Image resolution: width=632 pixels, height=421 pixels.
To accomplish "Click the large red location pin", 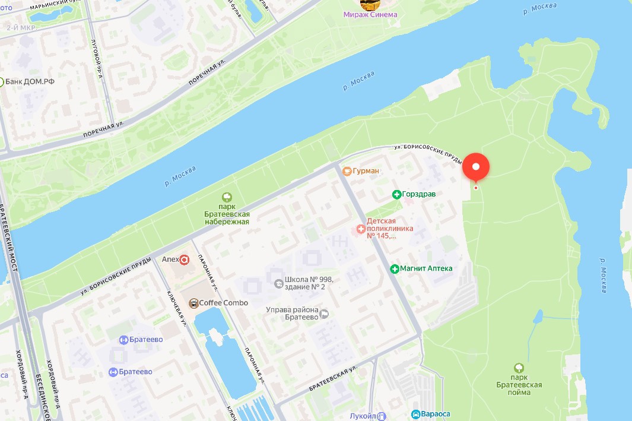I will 476,167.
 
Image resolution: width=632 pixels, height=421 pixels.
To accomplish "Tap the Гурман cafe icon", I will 347,171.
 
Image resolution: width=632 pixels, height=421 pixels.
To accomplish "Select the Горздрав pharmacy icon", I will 396,194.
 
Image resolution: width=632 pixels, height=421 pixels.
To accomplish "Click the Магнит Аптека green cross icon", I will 395,268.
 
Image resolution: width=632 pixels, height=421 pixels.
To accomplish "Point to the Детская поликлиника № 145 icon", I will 361,229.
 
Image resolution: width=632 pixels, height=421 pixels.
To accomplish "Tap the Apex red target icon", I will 185,259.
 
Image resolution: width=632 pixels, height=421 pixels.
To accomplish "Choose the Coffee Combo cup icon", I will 193,303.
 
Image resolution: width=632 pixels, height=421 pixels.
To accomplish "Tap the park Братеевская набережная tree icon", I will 226,197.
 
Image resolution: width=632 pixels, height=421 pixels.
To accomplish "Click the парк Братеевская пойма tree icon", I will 519,368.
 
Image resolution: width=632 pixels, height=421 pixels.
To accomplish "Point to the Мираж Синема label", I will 370,14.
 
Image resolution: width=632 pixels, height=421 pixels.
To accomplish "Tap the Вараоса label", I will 435,414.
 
